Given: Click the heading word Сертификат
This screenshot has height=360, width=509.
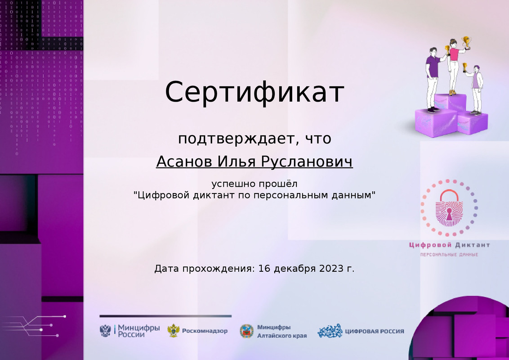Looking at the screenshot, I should pyautogui.click(x=254, y=92).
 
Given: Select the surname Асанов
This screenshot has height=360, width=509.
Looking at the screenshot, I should pyautogui.click(x=184, y=162).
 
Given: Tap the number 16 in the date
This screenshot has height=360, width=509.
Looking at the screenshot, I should pyautogui.click(x=265, y=269).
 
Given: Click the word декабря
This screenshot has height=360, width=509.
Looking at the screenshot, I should pyautogui.click(x=295, y=269).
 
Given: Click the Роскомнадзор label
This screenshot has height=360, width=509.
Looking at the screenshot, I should pyautogui.click(x=205, y=331).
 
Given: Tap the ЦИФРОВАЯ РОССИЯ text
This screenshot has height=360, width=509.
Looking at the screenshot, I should pyautogui.click(x=374, y=331).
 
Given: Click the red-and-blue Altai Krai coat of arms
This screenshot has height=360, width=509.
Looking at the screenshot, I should pyautogui.click(x=246, y=331).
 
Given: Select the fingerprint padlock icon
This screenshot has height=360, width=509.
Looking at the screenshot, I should pyautogui.click(x=448, y=208).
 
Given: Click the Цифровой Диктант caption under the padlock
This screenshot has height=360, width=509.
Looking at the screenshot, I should pyautogui.click(x=449, y=245).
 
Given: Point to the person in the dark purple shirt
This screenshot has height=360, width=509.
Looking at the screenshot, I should pyautogui.click(x=433, y=76).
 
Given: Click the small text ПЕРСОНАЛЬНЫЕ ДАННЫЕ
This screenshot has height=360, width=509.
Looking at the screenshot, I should pyautogui.click(x=449, y=255).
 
